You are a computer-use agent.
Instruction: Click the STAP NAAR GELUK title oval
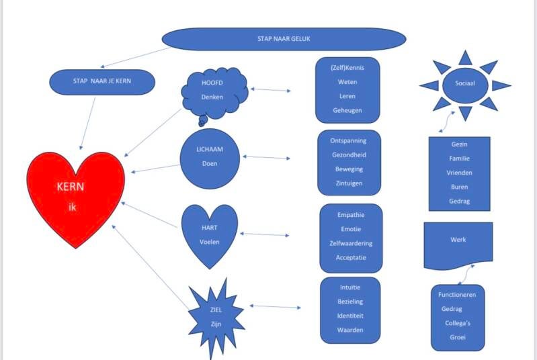pos(284,38)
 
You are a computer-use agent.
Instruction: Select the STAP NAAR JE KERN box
pos(103,82)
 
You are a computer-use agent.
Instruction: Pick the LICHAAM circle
pos(210,158)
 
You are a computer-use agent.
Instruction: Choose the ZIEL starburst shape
pos(215,316)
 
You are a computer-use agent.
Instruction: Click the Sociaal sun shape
pos(465,86)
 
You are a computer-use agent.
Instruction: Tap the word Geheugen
pos(347,110)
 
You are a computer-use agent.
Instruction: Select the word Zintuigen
pos(348,183)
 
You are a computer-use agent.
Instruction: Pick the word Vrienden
pos(459,173)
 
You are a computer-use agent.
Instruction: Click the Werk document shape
pos(458,242)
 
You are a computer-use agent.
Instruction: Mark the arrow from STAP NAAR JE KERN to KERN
pos(87,122)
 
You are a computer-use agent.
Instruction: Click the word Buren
pos(459,187)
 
